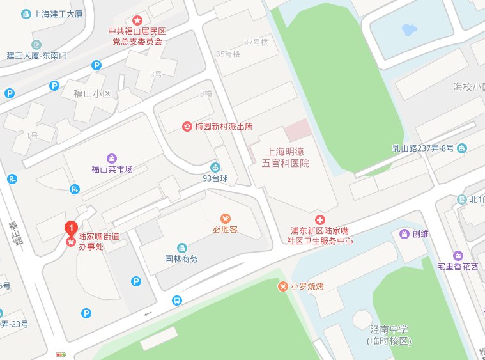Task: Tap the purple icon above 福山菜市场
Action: coord(112,158)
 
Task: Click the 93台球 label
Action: coord(215,178)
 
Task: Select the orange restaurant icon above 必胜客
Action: coord(225,218)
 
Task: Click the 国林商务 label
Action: coord(181,259)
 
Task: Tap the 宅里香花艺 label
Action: coord(454,266)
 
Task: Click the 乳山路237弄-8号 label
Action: coord(423,148)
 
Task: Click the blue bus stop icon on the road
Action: coord(176,299)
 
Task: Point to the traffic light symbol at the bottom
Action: coord(61,354)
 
